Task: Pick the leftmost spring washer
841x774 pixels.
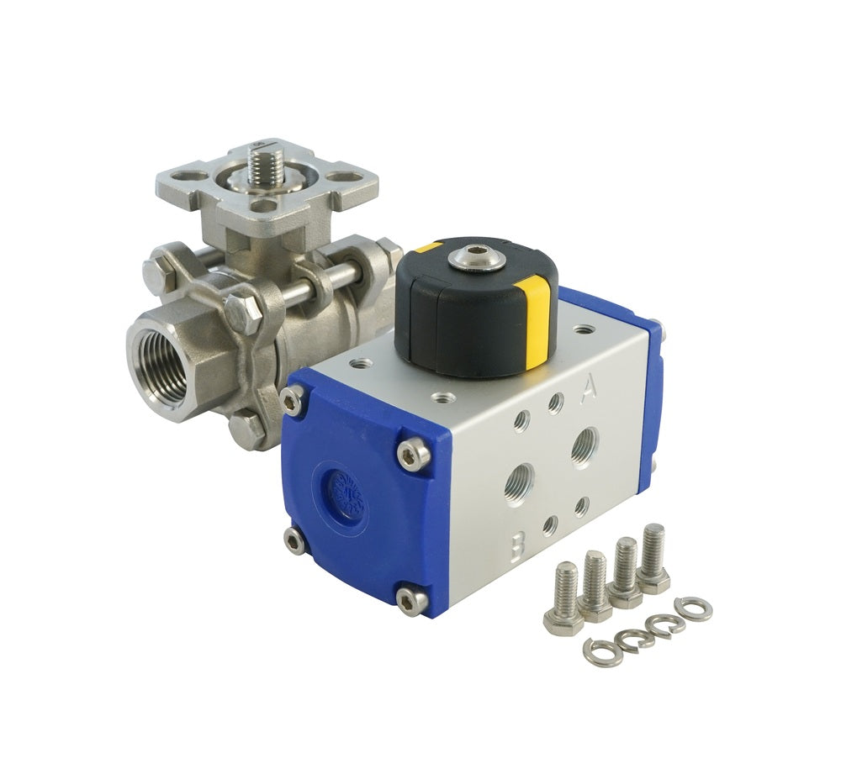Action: pyautogui.click(x=603, y=651)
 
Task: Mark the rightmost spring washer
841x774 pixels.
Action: pyautogui.click(x=693, y=608)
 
